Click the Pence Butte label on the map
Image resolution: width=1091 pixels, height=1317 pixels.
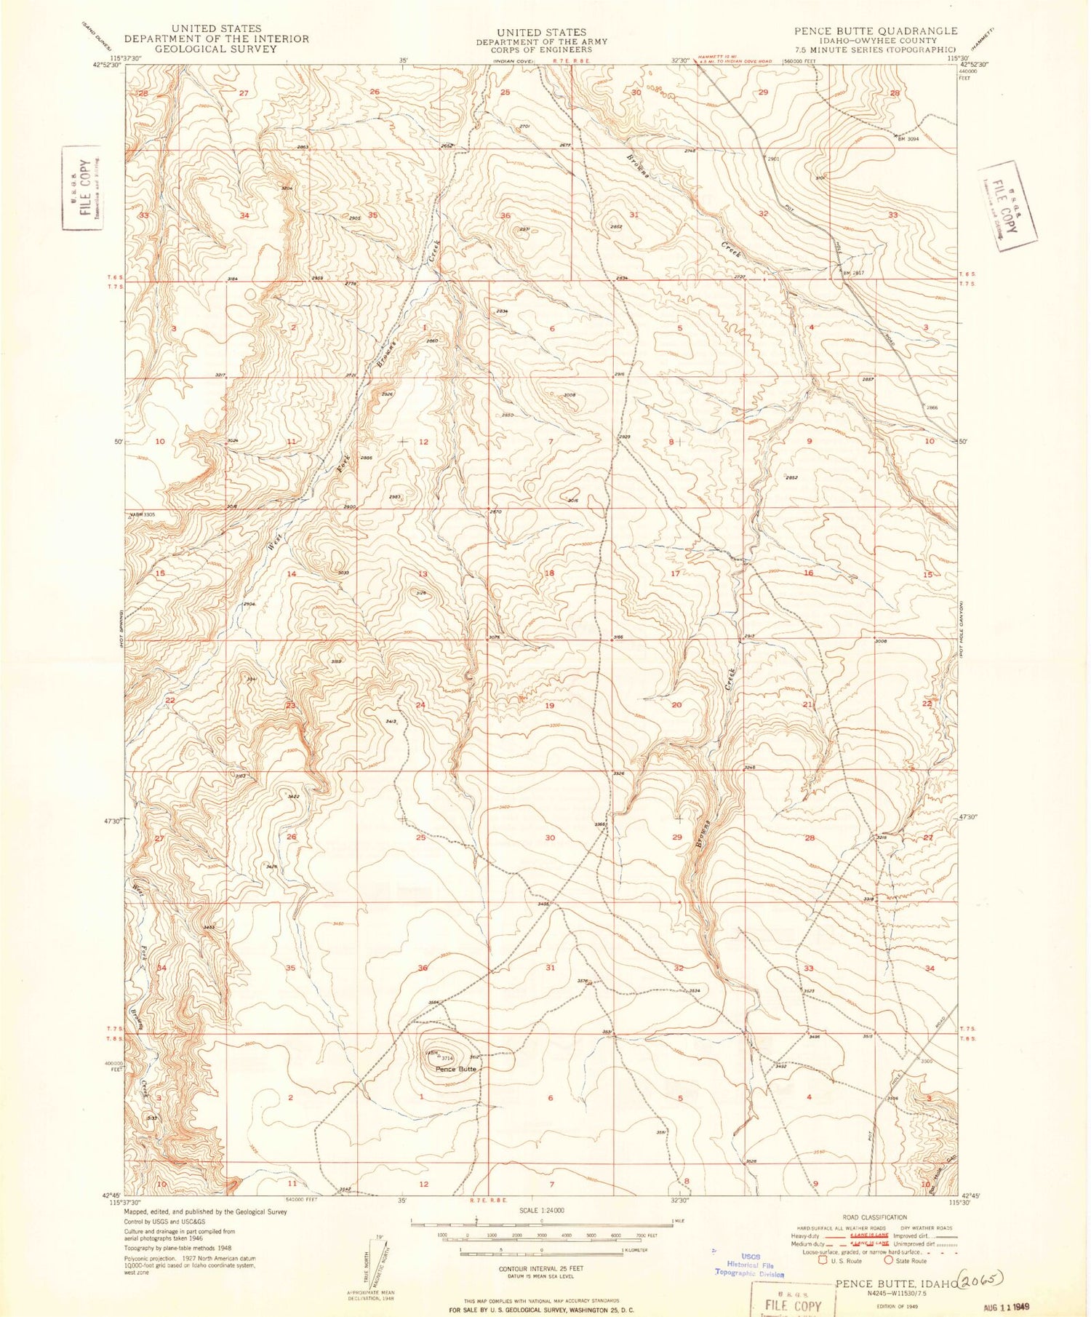[x=455, y=1069]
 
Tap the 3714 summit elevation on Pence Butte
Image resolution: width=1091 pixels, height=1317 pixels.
[x=447, y=1058]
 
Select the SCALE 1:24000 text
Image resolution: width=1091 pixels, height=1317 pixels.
[x=541, y=1210]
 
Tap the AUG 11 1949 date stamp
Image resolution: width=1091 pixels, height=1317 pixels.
[x=1007, y=1306]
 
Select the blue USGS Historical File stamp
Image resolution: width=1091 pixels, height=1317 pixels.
[x=750, y=1265]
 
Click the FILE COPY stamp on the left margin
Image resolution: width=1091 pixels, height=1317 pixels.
[x=81, y=187]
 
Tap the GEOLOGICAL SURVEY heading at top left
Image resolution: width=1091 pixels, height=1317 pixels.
[x=216, y=49]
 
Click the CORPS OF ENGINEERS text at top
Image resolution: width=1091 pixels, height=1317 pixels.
[x=541, y=49]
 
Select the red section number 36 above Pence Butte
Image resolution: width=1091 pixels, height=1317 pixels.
[x=422, y=968]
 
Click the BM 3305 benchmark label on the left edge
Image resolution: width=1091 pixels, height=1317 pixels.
[x=143, y=514]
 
